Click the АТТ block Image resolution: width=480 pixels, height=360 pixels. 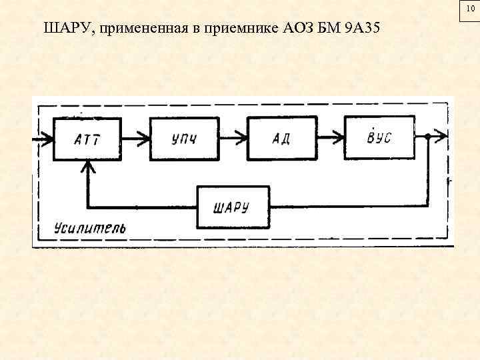pos(87,139)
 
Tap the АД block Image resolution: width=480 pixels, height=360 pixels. pos(281,139)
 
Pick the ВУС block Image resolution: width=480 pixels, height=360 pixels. pos(378,137)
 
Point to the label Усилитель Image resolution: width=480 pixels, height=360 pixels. pos(82,228)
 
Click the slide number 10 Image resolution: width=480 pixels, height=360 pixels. pos(471,8)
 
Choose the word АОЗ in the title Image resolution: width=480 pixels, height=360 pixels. pos(299,29)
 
